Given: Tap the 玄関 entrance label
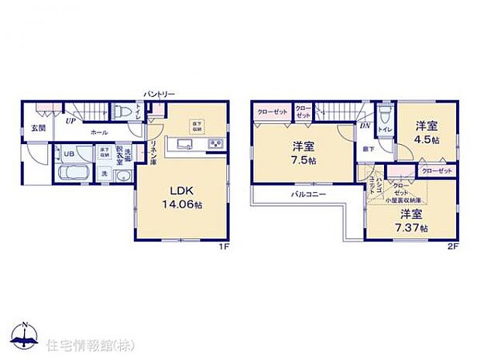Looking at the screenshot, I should (38, 127).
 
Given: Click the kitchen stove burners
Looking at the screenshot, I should (214, 144).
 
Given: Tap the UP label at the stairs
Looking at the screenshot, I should (70, 121).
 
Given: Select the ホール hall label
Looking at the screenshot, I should (99, 132).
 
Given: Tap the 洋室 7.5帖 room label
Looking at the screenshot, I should (303, 153).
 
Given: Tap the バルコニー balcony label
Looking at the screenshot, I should (307, 193).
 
